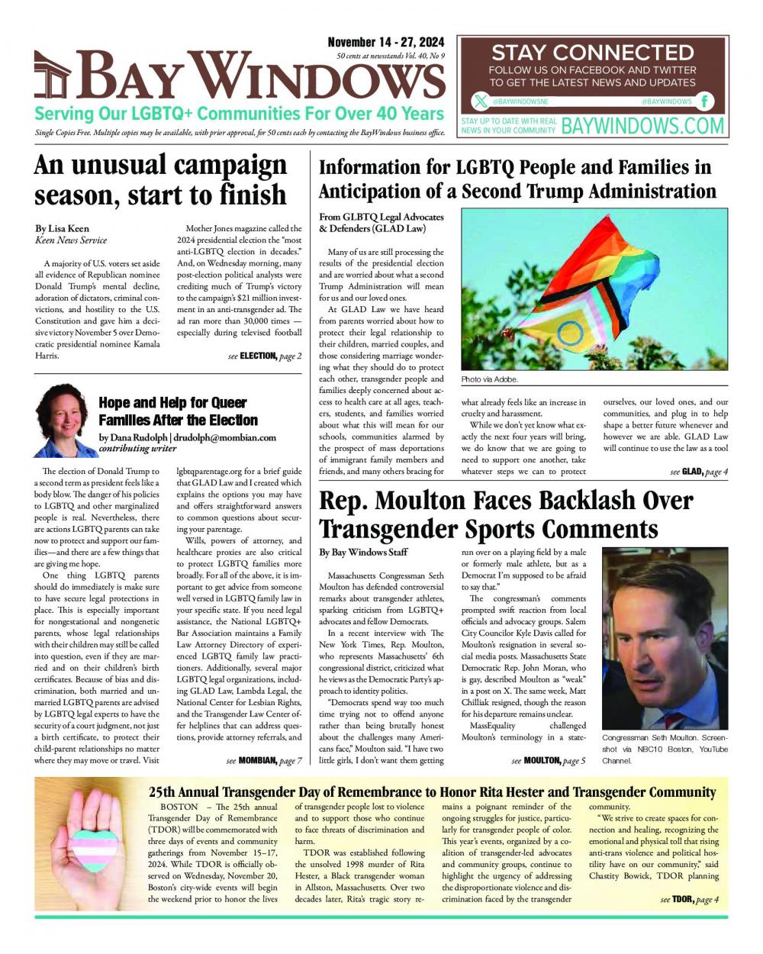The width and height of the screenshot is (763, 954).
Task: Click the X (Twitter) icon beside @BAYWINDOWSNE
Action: (x=480, y=101)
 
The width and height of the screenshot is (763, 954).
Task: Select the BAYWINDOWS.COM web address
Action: (x=642, y=125)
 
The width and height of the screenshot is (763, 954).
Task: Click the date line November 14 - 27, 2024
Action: (x=386, y=43)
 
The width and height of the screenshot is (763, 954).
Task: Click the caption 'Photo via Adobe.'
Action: (x=490, y=379)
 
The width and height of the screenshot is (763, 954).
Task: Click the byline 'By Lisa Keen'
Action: (x=62, y=228)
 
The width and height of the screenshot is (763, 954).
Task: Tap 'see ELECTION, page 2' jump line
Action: (x=265, y=356)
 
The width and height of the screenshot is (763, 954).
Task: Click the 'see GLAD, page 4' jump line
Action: (x=699, y=472)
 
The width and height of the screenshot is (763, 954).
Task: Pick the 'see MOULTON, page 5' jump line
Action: (x=549, y=760)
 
